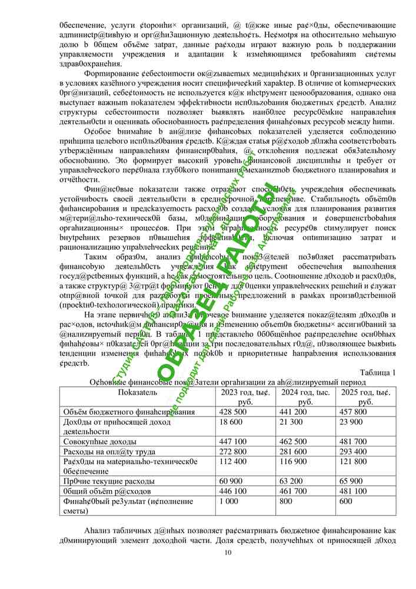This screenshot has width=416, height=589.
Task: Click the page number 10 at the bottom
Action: [228, 552]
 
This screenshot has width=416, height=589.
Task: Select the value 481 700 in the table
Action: [352, 441]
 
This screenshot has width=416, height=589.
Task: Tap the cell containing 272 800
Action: [232, 451]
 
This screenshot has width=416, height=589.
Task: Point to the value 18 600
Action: [231, 422]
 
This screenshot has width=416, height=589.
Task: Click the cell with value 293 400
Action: [352, 451]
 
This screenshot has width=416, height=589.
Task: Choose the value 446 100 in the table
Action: [232, 491]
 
